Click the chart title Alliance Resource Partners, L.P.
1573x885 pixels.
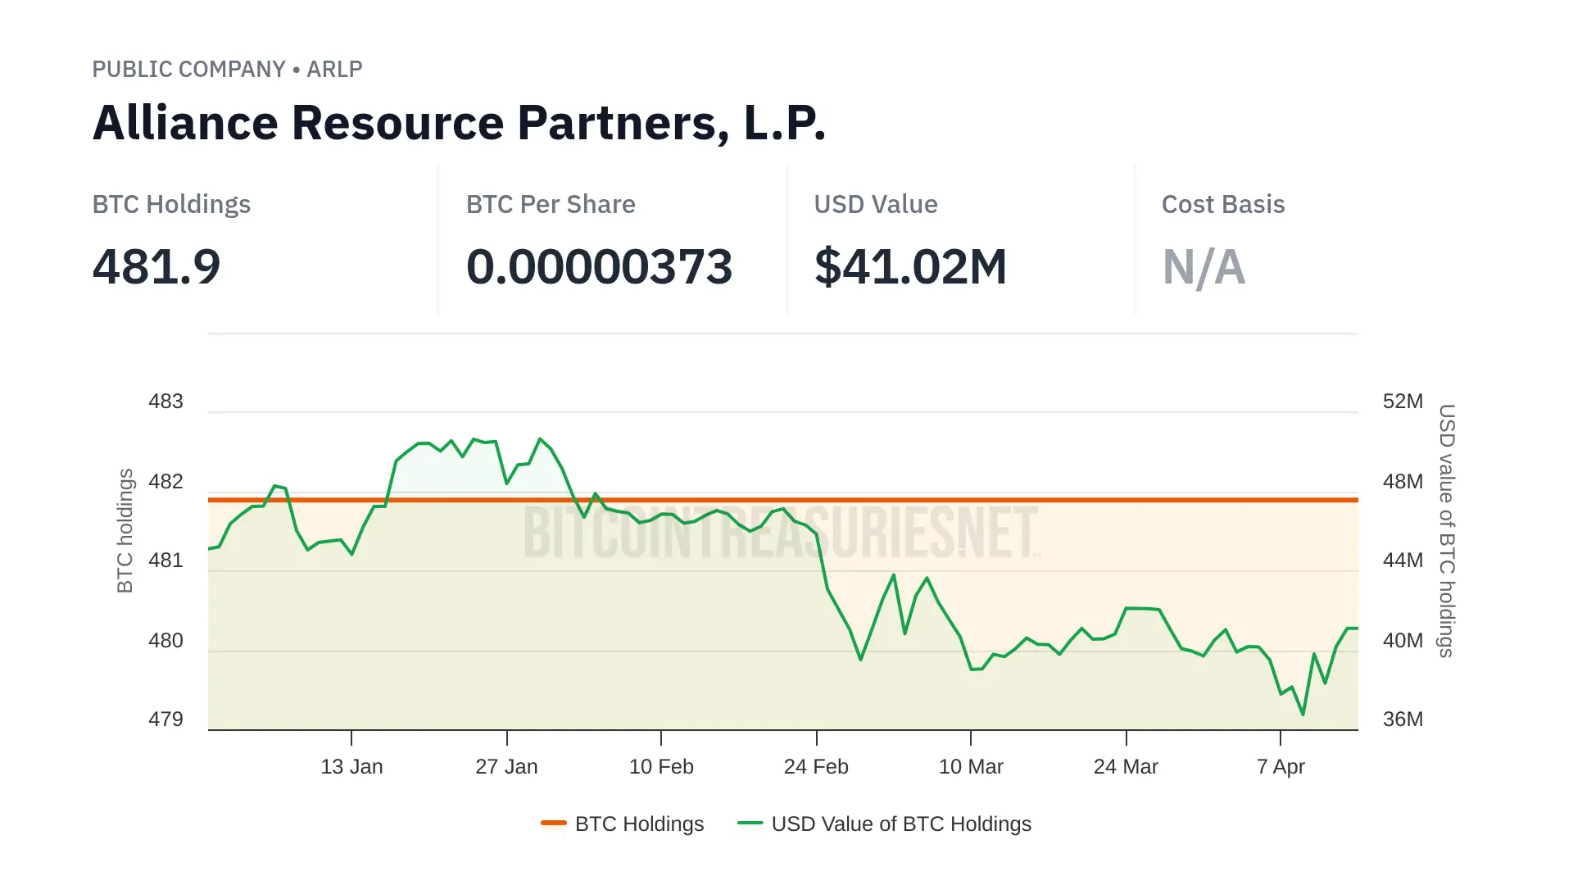(x=459, y=123)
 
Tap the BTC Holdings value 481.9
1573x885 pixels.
(x=156, y=267)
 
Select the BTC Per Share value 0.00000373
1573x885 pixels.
(x=599, y=267)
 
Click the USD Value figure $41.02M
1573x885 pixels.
(x=910, y=267)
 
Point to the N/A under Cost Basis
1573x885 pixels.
(x=1204, y=267)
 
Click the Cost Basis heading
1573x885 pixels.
(x=1222, y=204)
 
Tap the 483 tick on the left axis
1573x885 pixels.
(x=165, y=402)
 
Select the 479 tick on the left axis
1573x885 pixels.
(x=165, y=719)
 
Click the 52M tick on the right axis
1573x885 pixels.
(x=1403, y=402)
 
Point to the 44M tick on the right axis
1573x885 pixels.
(x=1403, y=560)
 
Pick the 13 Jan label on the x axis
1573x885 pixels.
(x=351, y=767)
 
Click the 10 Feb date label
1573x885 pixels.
(x=661, y=767)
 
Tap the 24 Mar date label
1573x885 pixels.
(x=1126, y=767)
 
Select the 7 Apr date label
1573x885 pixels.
(x=1281, y=767)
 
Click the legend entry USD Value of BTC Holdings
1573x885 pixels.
(x=900, y=824)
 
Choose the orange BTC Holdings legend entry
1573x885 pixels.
(x=638, y=824)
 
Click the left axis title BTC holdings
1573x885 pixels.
(x=125, y=530)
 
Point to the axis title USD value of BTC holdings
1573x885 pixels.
(x=1447, y=530)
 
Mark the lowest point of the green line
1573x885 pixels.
(x=1303, y=715)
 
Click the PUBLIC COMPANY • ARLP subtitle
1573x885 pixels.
(x=227, y=69)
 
